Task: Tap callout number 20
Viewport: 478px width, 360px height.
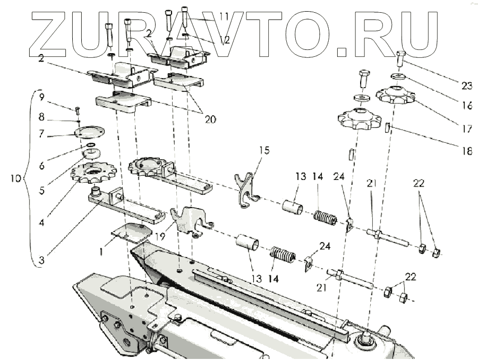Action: (210, 119)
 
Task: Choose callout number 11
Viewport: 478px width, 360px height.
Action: (223, 18)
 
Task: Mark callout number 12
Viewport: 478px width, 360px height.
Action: (225, 39)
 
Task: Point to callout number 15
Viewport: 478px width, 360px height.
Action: (264, 150)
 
